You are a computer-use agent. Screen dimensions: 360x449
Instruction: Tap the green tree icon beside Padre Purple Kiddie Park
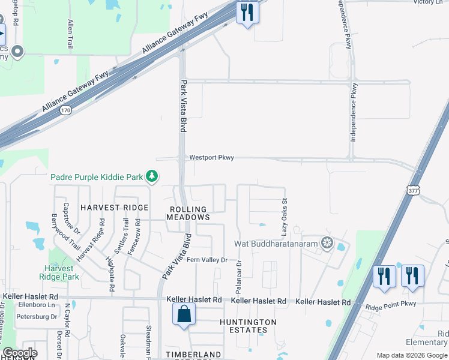pyautogui.click(x=153, y=176)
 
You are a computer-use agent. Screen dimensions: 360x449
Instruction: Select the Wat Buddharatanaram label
pyautogui.click(x=276, y=244)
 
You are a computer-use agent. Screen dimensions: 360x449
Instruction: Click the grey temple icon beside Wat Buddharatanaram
pyautogui.click(x=327, y=243)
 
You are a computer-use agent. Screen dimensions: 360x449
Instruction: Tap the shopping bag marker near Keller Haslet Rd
pyautogui.click(x=184, y=314)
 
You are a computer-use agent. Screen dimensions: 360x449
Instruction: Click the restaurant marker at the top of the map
pyautogui.click(x=247, y=13)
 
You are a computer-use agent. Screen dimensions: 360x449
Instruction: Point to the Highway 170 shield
pyautogui.click(x=66, y=110)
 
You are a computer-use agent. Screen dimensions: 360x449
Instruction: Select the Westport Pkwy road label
pyautogui.click(x=211, y=158)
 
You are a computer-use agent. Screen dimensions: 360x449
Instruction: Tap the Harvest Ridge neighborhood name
pyautogui.click(x=114, y=207)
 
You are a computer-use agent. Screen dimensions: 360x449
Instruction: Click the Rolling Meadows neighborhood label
pyautogui.click(x=188, y=213)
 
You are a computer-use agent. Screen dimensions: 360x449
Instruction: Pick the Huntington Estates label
pyautogui.click(x=248, y=326)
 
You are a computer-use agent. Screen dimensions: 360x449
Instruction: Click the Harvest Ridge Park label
pyautogui.click(x=62, y=273)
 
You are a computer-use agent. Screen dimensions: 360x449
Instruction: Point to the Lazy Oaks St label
pyautogui.click(x=285, y=217)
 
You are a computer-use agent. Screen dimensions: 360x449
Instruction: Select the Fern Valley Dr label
pyautogui.click(x=207, y=260)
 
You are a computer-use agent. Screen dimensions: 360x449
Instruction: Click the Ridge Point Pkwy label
pyautogui.click(x=391, y=304)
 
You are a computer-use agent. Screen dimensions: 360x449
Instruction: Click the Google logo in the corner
pyautogui.click(x=20, y=353)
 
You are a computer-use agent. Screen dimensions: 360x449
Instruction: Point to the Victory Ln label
pyautogui.click(x=428, y=2)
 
